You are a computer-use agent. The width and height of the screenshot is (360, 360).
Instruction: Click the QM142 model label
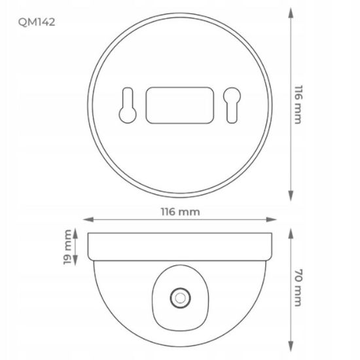click(37, 22)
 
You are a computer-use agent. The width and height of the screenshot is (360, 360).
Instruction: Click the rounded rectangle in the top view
click(180, 105)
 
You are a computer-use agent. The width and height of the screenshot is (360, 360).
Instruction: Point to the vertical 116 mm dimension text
click(298, 105)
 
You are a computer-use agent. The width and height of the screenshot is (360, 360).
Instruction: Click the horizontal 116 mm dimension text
click(180, 211)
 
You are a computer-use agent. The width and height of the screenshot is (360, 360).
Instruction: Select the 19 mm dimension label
click(67, 247)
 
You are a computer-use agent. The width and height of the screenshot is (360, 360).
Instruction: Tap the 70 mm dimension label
click(298, 288)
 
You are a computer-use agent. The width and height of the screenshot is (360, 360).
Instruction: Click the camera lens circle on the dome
click(180, 298)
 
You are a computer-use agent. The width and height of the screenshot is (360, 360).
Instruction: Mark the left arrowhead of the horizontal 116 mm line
click(88, 219)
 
